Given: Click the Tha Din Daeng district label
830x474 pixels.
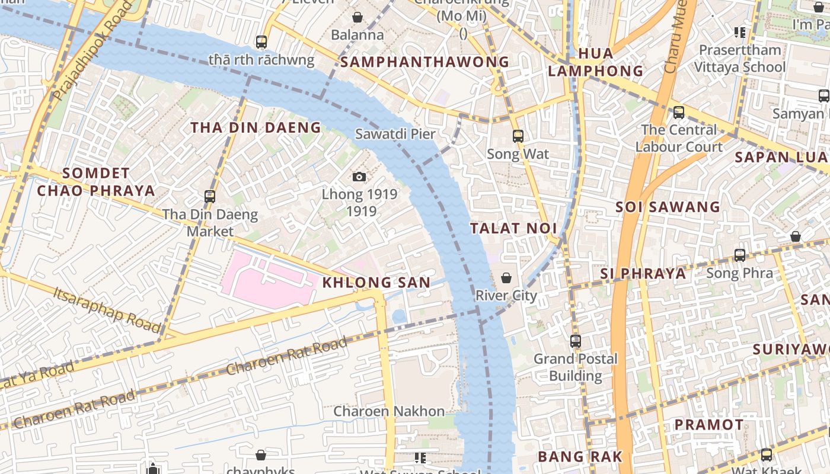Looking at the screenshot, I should coord(256,127).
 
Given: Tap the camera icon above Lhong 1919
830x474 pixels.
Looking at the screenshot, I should coord(359,177).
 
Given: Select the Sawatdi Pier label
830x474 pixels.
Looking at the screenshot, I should coord(395,134).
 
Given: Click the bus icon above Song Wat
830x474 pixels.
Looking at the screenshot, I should coord(518,136).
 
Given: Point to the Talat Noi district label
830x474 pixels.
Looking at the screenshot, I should coord(513,228).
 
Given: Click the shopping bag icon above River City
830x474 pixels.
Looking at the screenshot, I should coord(506,278).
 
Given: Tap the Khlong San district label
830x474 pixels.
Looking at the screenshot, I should coord(376,283).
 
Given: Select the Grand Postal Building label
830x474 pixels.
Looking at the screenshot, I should coord(575,367).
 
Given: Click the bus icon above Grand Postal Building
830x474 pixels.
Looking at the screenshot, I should coord(575,341).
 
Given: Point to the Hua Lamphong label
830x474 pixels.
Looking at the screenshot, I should coord(595,62).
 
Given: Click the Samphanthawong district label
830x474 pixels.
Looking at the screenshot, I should coord(425,62).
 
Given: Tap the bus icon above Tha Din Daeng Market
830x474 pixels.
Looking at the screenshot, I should coord(209,196).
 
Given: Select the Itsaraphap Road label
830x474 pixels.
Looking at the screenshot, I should coord(107,310).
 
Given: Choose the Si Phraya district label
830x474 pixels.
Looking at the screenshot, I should coord(643,274).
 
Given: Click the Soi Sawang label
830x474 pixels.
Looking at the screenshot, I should coord(668,207).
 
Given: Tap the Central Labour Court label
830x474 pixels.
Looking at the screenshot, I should coord(679,138).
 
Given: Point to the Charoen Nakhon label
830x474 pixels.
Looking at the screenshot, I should coord(389,411).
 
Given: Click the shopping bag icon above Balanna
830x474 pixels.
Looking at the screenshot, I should coord(357,17).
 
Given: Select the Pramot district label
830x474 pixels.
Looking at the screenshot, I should coord(709,425).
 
